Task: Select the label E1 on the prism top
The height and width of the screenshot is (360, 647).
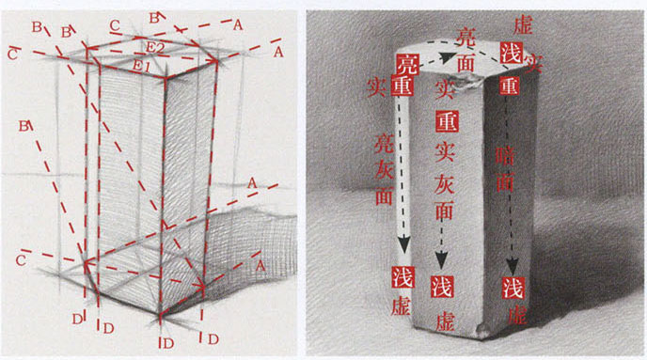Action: [x=142, y=66]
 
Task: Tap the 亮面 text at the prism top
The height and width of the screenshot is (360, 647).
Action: [x=466, y=49]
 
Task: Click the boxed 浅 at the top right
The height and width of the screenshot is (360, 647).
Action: [x=513, y=52]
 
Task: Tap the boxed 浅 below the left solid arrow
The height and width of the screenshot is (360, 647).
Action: [x=404, y=276]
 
